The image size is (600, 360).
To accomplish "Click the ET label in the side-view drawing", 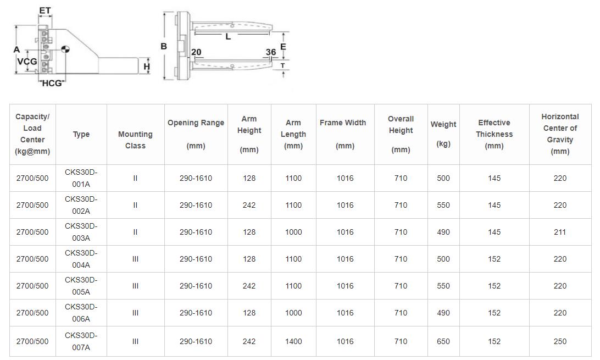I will [45, 10].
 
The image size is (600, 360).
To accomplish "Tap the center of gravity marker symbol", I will [65, 49].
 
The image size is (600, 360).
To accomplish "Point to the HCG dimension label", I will [52, 83].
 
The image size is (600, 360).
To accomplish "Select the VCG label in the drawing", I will [27, 62].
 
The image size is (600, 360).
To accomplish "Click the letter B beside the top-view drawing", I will [164, 47].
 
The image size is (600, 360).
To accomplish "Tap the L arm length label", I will [228, 37].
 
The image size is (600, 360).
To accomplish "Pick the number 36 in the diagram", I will [271, 52].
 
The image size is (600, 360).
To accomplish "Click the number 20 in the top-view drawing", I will [196, 52].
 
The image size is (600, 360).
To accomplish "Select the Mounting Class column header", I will [135, 140].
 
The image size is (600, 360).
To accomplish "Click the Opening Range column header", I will [196, 134].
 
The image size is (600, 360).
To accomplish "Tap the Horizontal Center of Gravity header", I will [560, 134].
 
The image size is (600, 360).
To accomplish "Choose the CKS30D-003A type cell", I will [81, 232].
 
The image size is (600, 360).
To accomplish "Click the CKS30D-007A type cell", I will [81, 341].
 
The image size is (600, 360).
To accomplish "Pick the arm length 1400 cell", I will [293, 341].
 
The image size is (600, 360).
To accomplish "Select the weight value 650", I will [443, 341].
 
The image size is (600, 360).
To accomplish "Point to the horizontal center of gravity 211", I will [560, 232].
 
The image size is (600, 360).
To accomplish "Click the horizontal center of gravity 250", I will [560, 341].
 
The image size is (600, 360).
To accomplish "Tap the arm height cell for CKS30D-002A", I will [249, 205].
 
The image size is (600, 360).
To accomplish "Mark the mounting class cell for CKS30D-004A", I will [135, 259].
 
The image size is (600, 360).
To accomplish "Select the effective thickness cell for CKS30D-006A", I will [494, 313].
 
